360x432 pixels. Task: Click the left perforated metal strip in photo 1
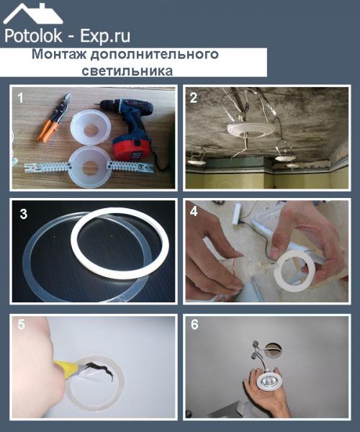(46, 168)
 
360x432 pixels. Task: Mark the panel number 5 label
(22, 325)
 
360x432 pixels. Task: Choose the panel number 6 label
(194, 325)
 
